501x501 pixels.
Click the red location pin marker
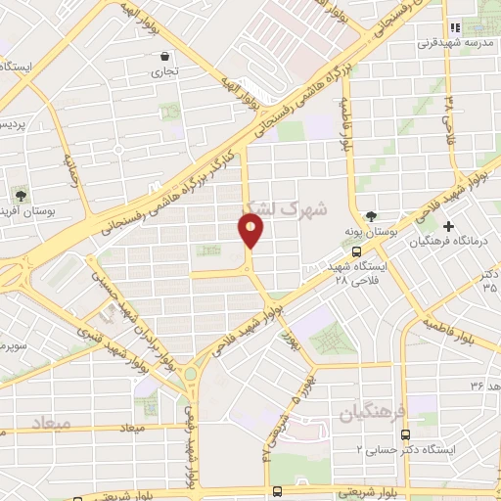pyautogui.click(x=251, y=232)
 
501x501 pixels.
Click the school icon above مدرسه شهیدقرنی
pyautogui.click(x=452, y=27)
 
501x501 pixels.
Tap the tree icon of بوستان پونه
pyautogui.click(x=370, y=216)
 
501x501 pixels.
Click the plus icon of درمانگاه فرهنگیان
pyautogui.click(x=448, y=225)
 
